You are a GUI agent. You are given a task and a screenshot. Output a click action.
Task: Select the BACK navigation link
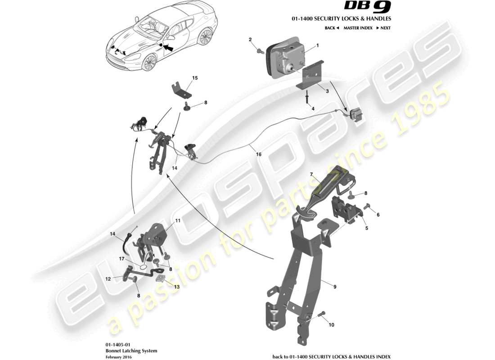332,28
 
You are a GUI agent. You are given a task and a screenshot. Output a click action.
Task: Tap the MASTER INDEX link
358,28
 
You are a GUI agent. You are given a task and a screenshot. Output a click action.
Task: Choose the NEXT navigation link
383,28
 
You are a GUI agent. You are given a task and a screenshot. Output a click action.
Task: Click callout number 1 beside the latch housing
317,46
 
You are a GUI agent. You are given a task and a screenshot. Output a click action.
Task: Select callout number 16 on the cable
259,154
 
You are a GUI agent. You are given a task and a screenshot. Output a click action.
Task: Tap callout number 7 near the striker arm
310,174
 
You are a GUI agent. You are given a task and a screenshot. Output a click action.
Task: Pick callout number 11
178,221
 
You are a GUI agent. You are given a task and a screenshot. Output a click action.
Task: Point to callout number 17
122,259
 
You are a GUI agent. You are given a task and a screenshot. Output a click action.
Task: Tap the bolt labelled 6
366,207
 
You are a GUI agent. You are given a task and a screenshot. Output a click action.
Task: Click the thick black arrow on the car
168,46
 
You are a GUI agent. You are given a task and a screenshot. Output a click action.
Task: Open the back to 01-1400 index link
332,356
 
